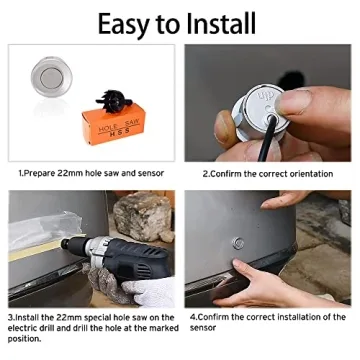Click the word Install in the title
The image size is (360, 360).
(218, 21)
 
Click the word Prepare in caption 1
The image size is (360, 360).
(42, 173)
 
